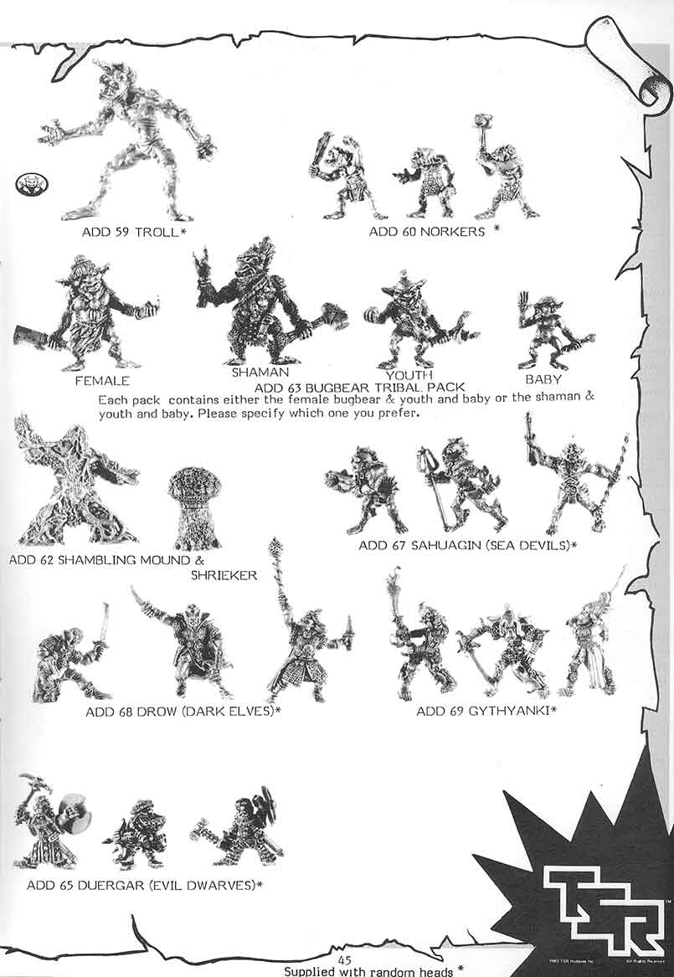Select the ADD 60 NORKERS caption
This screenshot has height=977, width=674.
coord(427,231)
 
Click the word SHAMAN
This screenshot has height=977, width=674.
coord(260,372)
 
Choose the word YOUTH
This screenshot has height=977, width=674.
coord(409,375)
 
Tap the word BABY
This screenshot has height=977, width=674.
coord(543,378)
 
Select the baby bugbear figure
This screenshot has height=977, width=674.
coord(544,331)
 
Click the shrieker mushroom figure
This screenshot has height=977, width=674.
coord(194,506)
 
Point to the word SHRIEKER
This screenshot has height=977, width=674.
coord(224,576)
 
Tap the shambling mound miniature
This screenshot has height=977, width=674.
coord(75,486)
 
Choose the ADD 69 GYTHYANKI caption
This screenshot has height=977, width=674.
coord(486,712)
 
